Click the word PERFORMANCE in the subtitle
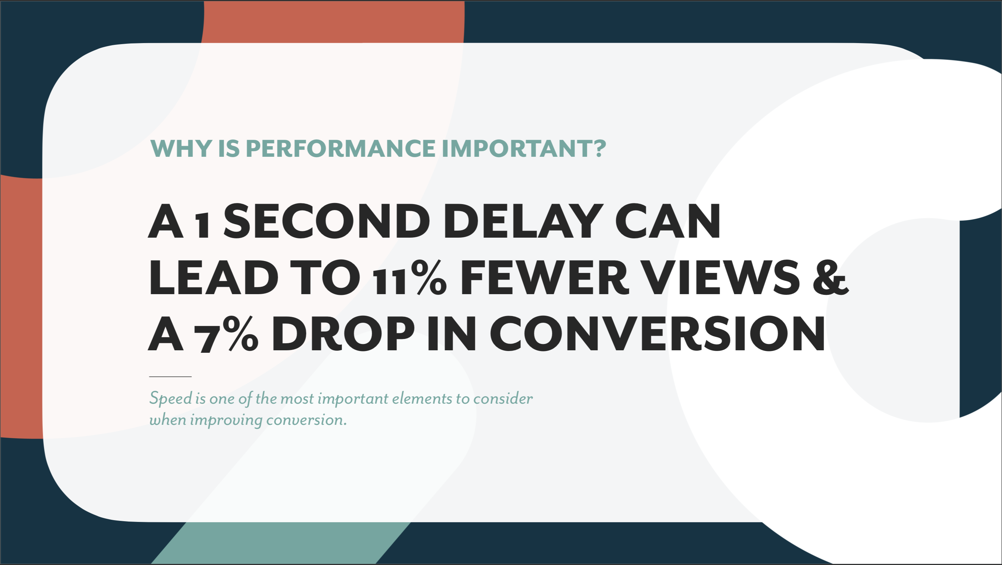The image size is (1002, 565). [340, 148]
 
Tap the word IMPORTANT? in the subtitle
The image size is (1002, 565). [524, 148]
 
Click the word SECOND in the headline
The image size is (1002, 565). [326, 221]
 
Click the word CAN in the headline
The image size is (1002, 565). [667, 221]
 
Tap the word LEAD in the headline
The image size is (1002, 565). [213, 278]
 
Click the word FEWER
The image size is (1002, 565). [544, 278]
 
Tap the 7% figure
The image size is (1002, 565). [226, 334]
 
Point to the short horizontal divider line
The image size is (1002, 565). [170, 376]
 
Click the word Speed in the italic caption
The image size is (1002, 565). [171, 399]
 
